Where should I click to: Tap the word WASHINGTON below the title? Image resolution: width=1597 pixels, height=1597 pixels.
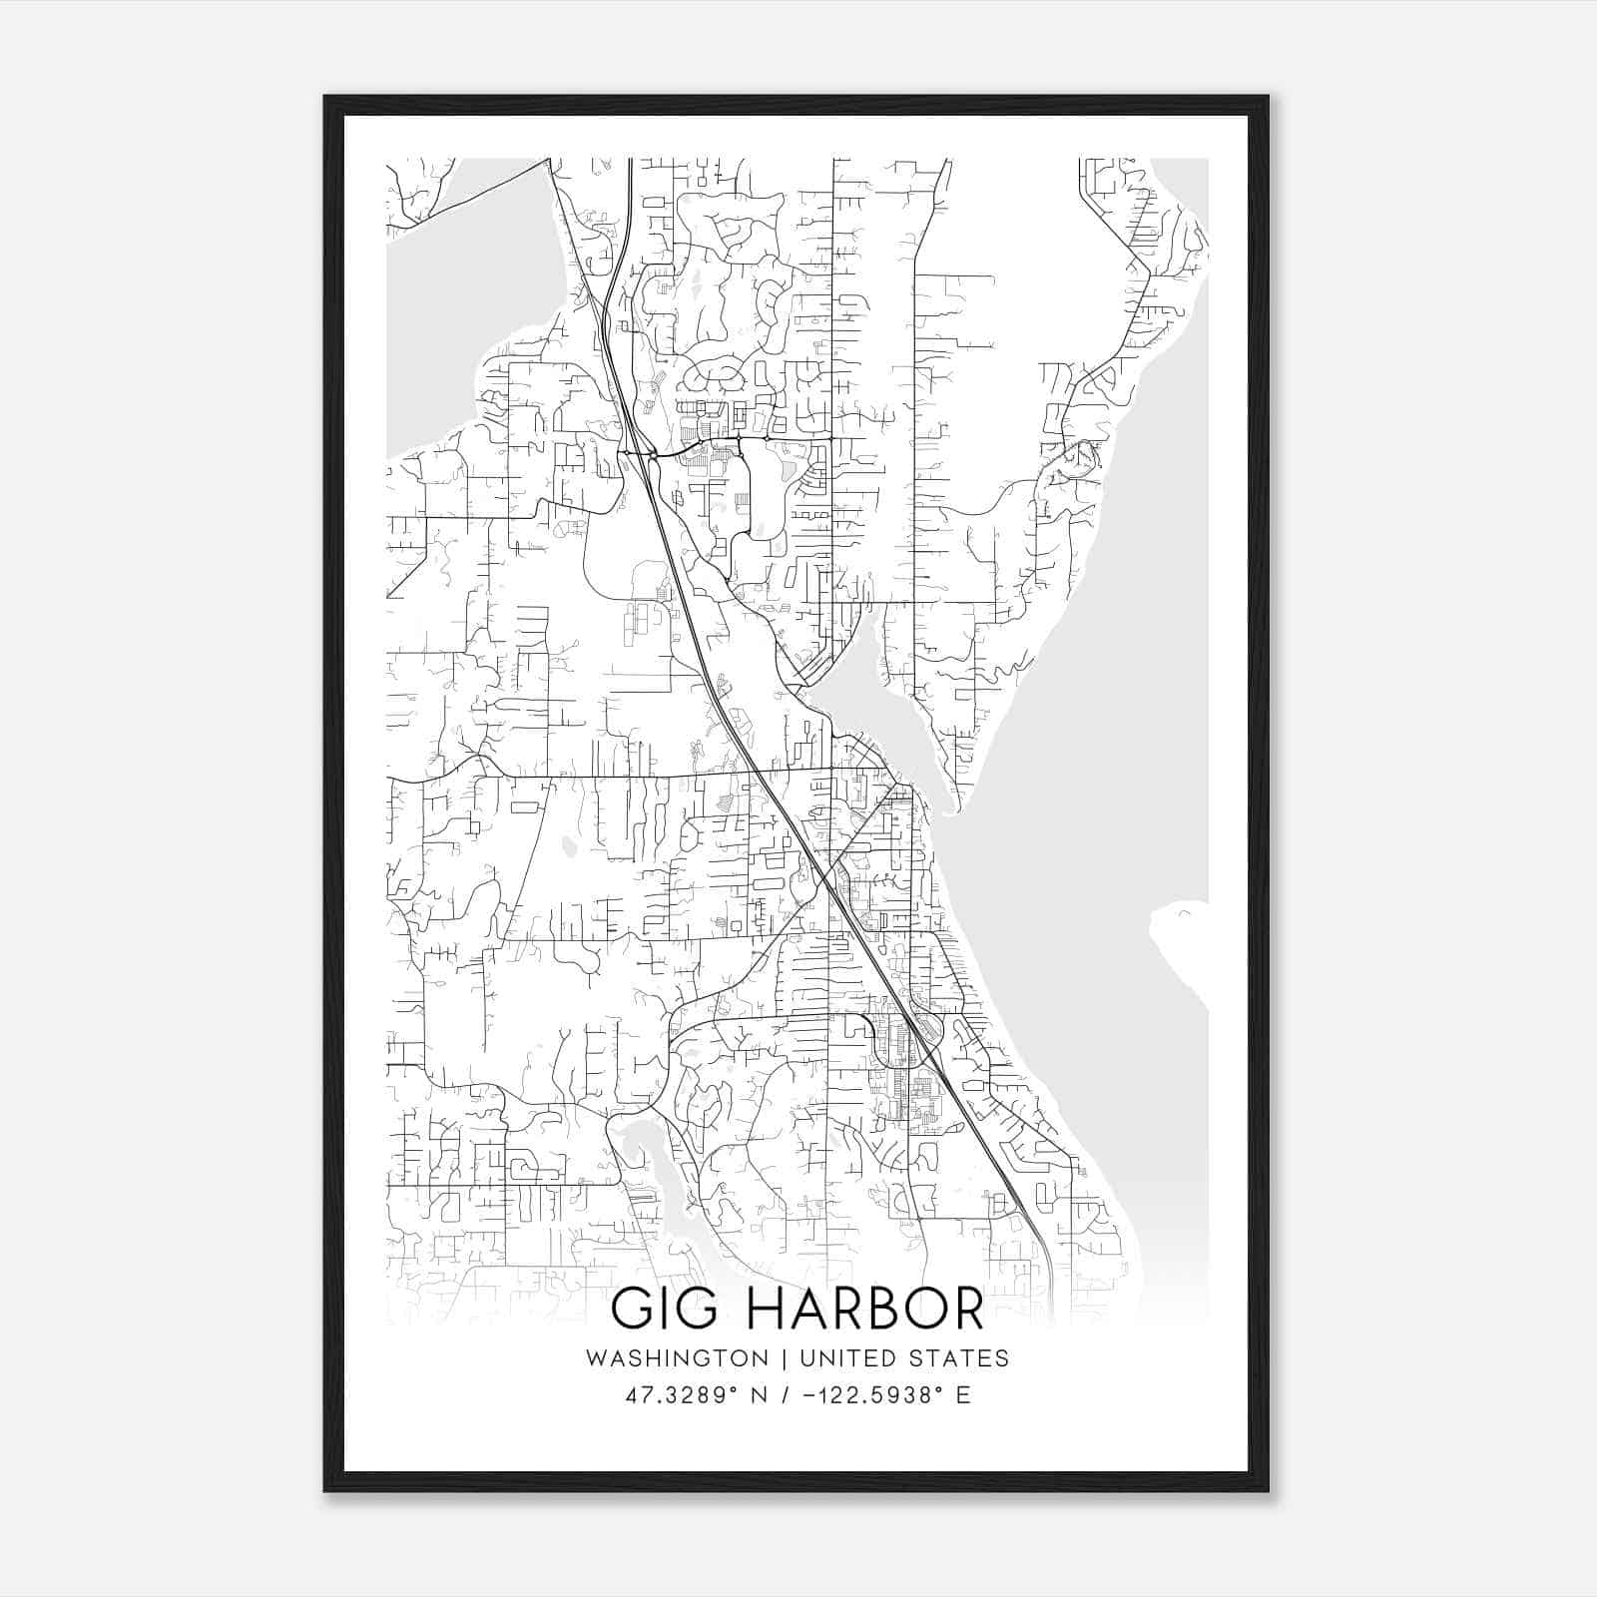[677, 1358]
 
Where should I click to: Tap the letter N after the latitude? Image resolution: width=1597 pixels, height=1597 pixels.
[761, 1395]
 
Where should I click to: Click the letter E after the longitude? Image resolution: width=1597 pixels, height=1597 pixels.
[963, 1395]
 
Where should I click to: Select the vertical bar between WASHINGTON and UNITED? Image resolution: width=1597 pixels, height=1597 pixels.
[785, 1358]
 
